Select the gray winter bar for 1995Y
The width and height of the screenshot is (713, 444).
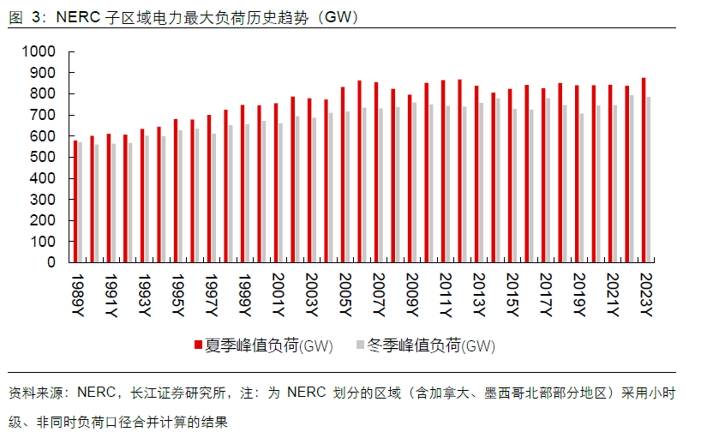point(181,196)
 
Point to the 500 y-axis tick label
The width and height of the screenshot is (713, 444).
point(44,157)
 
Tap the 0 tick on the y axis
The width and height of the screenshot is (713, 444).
point(51,262)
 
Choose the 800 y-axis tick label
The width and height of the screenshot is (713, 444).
point(44,93)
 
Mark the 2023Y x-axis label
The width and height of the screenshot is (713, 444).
point(647,296)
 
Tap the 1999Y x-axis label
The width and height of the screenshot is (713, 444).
point(246,296)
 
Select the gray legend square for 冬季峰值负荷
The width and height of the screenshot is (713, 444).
point(360,345)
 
